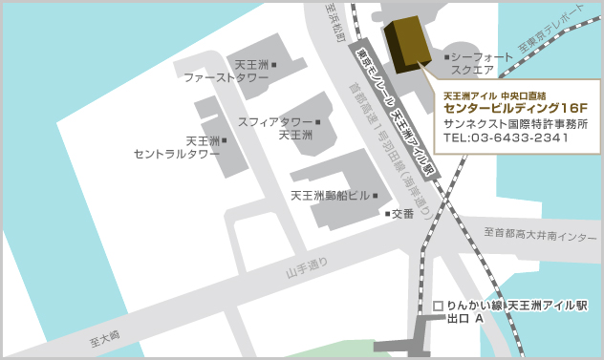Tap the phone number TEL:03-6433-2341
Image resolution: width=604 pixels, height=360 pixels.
point(507,138)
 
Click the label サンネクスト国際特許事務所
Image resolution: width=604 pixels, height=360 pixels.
point(516,124)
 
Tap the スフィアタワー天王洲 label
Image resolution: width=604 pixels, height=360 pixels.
point(277,128)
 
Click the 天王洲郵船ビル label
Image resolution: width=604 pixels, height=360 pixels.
point(330,196)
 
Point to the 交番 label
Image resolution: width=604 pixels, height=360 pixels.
point(402,213)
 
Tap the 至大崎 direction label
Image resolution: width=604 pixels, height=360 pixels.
point(100,334)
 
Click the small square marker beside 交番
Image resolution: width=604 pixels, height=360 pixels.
point(387,213)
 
